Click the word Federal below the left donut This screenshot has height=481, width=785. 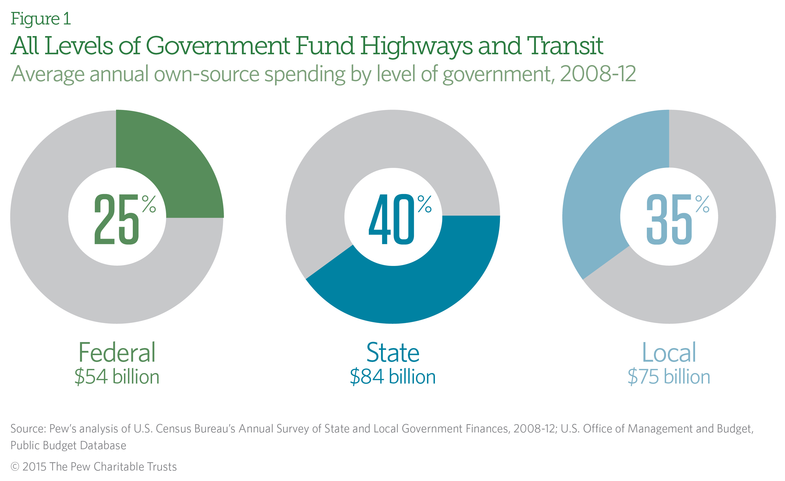117,353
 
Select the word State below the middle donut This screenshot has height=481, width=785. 393,353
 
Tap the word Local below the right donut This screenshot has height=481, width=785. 669,353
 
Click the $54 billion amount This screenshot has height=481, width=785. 117,377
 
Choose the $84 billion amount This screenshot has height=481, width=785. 393,377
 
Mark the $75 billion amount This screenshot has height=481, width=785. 669,377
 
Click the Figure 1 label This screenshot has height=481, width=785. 41,19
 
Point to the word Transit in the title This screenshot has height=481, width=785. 565,46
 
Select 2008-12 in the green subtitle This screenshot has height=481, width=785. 598,74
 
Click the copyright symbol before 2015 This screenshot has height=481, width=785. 15,467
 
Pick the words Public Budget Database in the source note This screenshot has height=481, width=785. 68,445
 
